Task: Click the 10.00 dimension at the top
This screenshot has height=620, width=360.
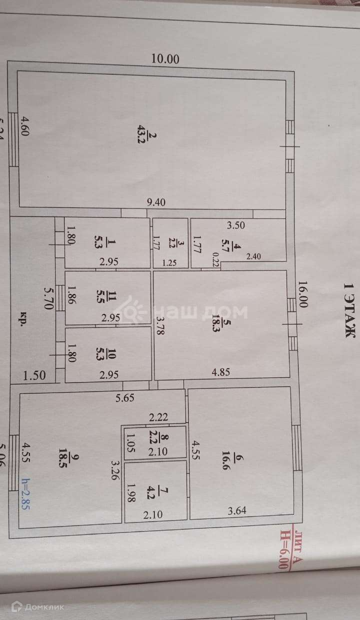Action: pos(165,58)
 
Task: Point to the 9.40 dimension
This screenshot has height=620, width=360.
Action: pos(156,202)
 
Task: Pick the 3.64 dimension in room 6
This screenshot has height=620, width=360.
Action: pos(237,510)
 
